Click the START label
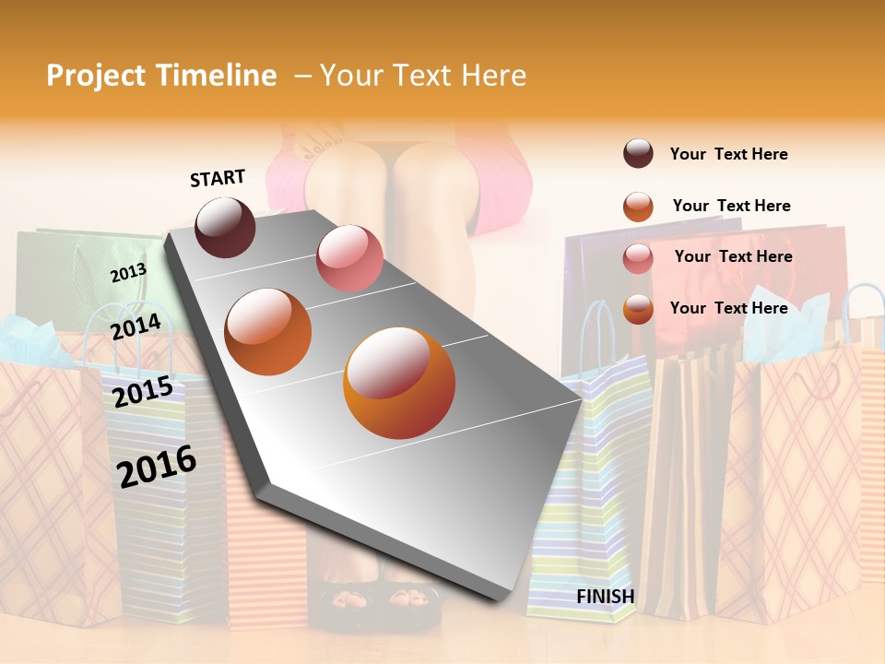click(x=218, y=178)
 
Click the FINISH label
click(x=605, y=597)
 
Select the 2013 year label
click(x=128, y=272)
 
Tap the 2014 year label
click(x=136, y=326)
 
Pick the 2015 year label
click(x=143, y=392)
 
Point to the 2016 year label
click(x=157, y=466)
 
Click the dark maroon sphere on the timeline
click(x=225, y=227)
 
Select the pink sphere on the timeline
click(x=349, y=258)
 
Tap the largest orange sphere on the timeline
click(x=399, y=383)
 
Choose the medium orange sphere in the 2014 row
click(x=268, y=332)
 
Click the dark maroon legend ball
click(x=638, y=154)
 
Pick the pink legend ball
click(x=638, y=257)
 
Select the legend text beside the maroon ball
click(x=728, y=155)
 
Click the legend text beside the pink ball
click(x=733, y=256)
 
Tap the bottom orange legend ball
click(x=638, y=309)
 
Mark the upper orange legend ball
click(x=638, y=206)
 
